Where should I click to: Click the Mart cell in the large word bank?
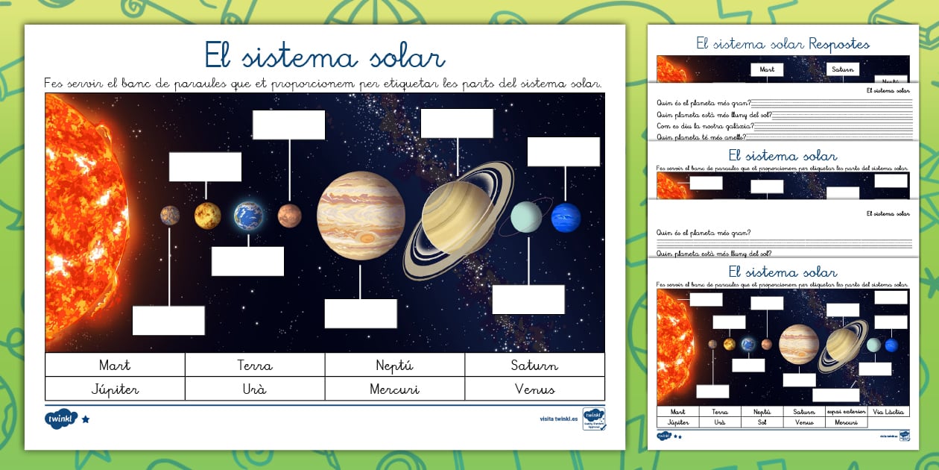tap(115, 365)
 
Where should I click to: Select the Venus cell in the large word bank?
tap(534, 389)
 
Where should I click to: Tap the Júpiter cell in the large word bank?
tap(115, 389)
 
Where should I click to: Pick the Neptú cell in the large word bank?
tap(394, 365)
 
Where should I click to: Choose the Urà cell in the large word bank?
tap(254, 389)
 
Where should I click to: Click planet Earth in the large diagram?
tap(248, 216)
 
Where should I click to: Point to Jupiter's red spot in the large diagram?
tap(367, 238)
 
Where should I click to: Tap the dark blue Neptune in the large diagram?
tap(566, 217)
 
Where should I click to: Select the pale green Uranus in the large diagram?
tap(526, 216)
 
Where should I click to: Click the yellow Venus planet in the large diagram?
tap(207, 216)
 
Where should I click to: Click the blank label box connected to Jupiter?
tap(361, 313)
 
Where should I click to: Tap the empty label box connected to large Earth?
tap(247, 261)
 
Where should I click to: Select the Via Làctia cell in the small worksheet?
tap(888, 411)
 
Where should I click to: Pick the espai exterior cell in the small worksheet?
tap(847, 411)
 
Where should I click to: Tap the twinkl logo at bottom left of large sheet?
tap(60, 419)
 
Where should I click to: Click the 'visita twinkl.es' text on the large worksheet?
tap(558, 419)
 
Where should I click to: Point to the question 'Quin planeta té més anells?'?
tap(701, 137)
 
